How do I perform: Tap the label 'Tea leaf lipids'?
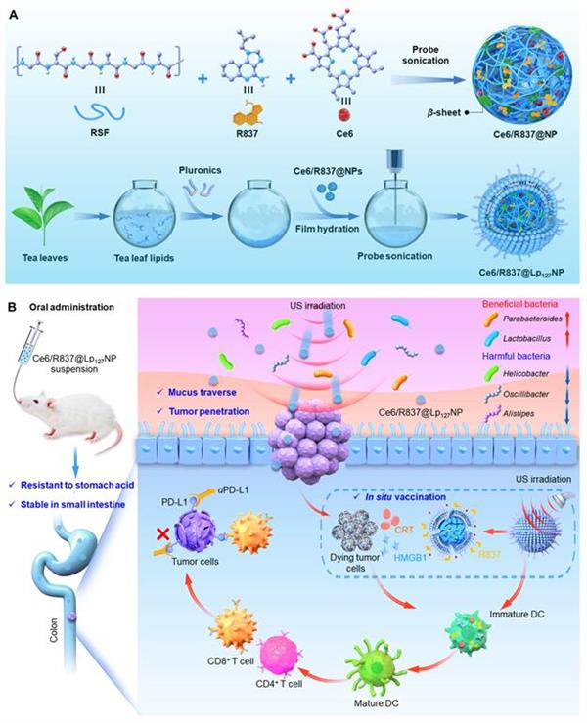(x=144, y=258)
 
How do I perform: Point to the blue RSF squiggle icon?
(x=99, y=112)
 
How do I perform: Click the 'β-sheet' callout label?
(x=443, y=112)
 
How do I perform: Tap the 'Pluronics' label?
(x=200, y=170)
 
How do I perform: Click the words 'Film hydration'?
(x=327, y=229)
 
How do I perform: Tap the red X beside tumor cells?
(x=162, y=534)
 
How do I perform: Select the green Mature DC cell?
(x=375, y=669)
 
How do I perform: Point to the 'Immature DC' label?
(x=517, y=614)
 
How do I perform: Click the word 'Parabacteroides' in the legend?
(x=532, y=319)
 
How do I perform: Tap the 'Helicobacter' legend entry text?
(x=525, y=374)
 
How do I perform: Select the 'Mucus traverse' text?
(x=203, y=393)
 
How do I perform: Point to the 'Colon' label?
(x=54, y=630)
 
